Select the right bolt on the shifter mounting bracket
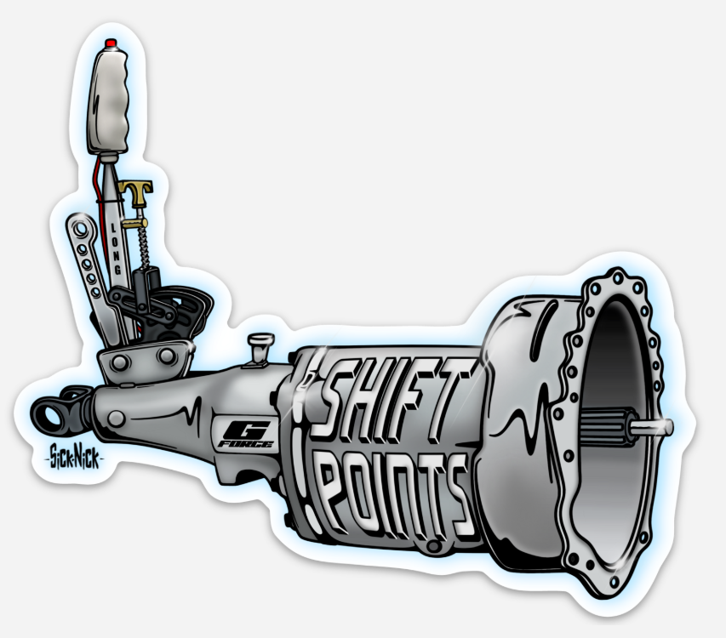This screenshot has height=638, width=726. (x=167, y=354)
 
